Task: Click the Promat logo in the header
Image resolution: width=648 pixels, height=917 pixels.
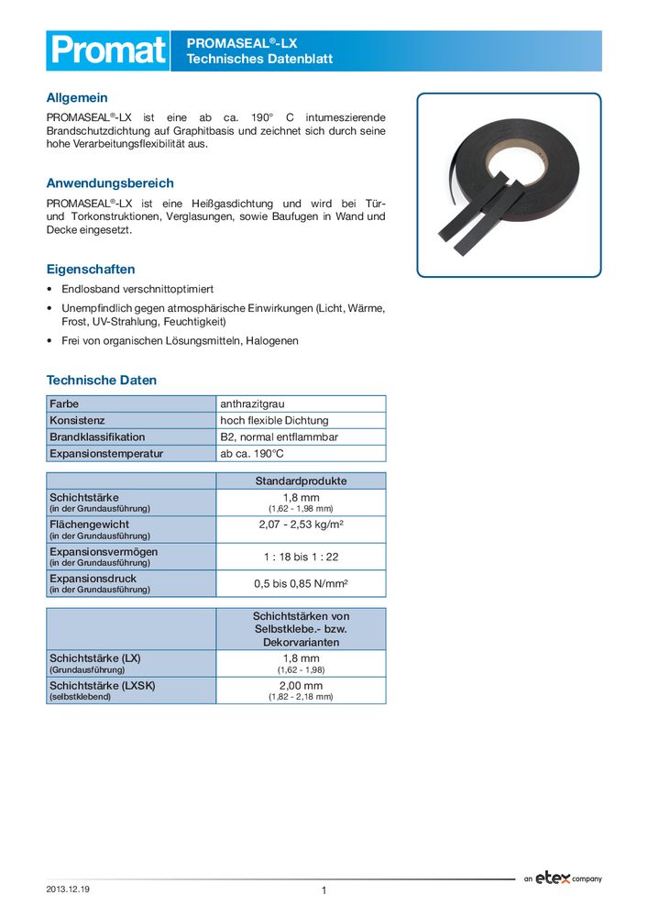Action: pos(107,50)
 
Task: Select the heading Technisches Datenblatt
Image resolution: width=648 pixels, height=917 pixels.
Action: pos(259,60)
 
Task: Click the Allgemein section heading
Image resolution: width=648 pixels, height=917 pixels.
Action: pos(77,97)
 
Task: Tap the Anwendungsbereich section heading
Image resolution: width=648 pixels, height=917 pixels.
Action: pos(110,183)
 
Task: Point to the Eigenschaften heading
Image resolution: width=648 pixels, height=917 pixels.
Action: pos(91,270)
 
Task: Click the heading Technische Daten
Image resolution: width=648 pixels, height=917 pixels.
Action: pos(102,380)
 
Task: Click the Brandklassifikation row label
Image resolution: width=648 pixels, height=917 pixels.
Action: pos(97,436)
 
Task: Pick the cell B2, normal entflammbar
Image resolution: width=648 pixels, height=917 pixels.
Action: pos(280,436)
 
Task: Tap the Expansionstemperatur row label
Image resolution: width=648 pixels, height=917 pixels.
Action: pos(106,453)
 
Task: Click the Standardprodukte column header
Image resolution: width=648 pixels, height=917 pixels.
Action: pos(301,481)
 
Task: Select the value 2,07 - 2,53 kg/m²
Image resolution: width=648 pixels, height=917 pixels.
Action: pos(301,525)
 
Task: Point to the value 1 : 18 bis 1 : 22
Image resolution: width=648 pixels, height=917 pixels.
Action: pos(301,556)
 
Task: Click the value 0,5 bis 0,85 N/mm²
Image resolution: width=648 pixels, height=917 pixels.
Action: pos(301,583)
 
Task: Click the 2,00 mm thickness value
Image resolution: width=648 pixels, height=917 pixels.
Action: pos(301,685)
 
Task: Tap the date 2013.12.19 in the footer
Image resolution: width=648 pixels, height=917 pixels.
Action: pos(75,889)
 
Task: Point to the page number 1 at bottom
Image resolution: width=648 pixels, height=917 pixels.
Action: pos(324,890)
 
